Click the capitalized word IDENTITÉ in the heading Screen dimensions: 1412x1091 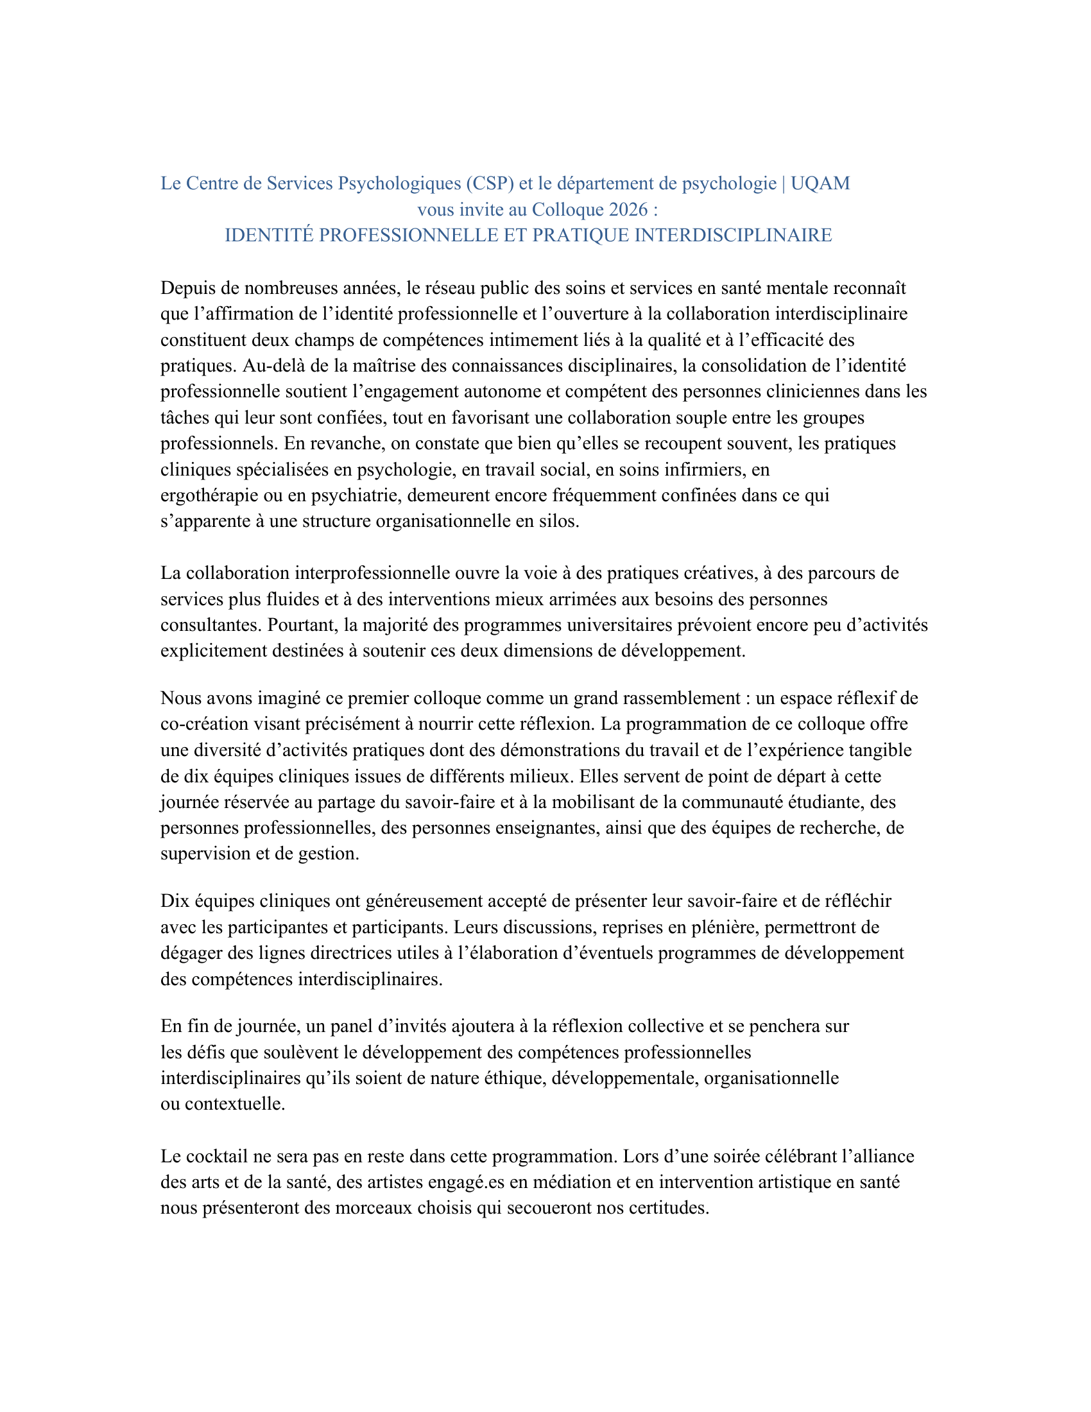coord(269,236)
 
